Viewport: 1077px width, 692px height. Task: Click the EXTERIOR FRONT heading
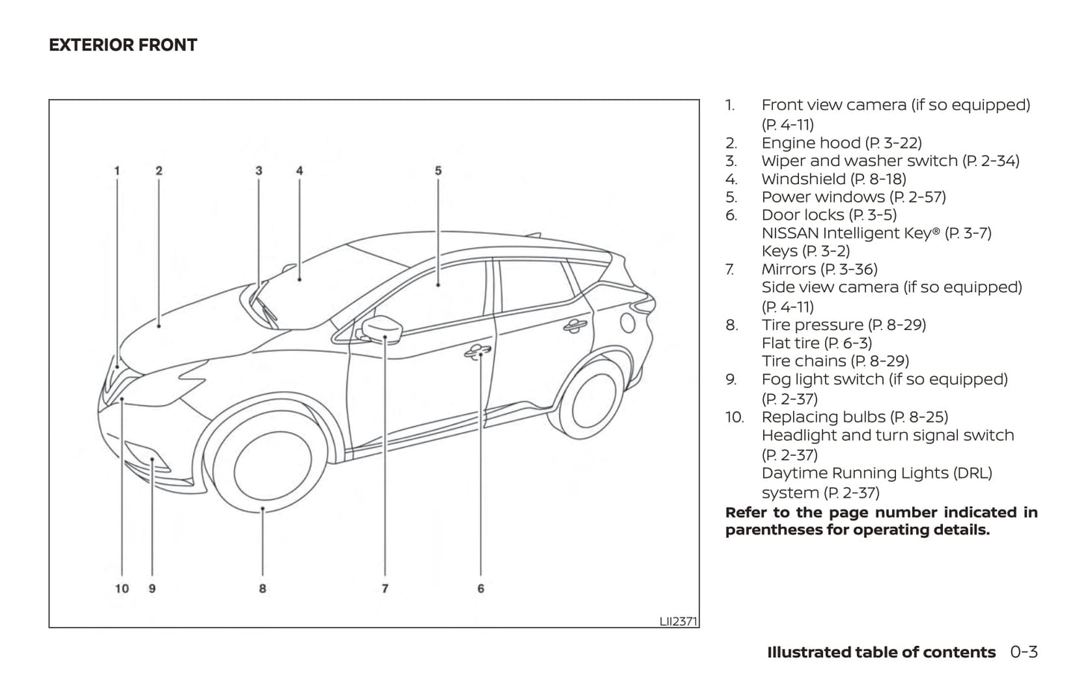tap(123, 45)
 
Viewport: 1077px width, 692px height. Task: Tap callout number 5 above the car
tap(438, 171)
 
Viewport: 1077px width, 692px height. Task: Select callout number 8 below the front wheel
tap(262, 588)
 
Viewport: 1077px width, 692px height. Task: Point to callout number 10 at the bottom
tap(122, 588)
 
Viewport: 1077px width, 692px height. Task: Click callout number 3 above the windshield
tap(259, 171)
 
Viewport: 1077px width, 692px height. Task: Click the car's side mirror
tap(382, 329)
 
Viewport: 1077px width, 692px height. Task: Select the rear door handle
tap(575, 326)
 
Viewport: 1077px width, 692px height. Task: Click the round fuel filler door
tap(628, 323)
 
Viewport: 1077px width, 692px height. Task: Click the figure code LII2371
tap(678, 621)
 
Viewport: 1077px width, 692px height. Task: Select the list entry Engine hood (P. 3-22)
tap(841, 143)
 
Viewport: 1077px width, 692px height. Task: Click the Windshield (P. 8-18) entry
tap(834, 179)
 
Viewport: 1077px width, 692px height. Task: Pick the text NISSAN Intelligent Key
tap(847, 233)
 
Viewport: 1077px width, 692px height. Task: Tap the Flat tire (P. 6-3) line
tap(817, 343)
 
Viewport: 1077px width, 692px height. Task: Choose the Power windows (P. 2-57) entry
tap(854, 197)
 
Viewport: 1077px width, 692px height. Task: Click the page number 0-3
tap(1023, 652)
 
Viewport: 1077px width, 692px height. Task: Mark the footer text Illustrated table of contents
tap(881, 652)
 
